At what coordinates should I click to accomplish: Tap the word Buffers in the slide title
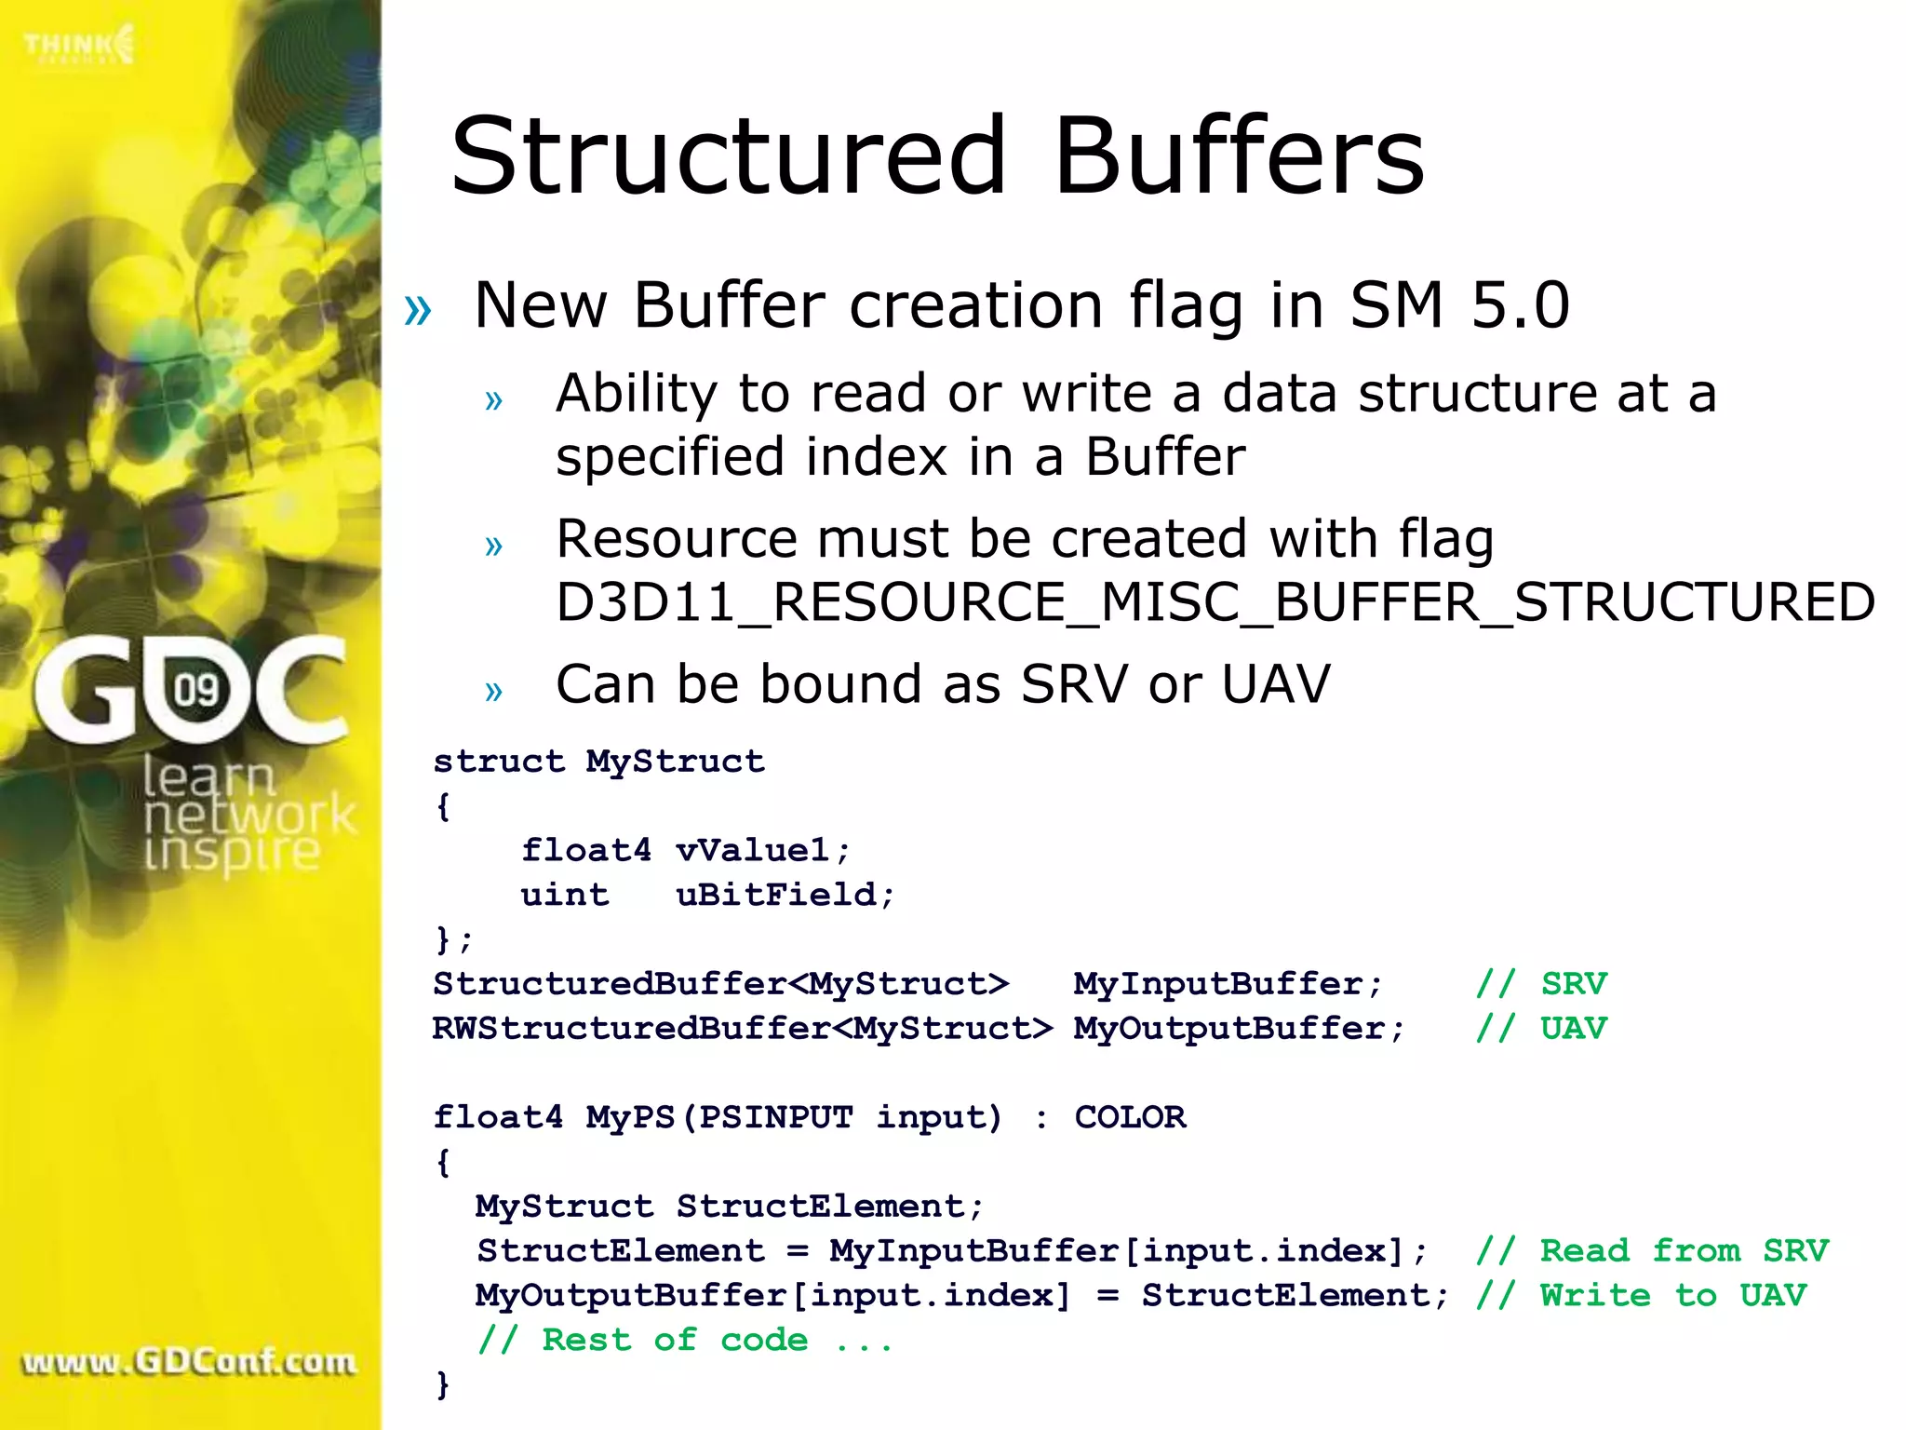(x=1239, y=155)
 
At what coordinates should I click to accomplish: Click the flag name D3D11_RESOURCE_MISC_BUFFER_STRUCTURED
(x=1215, y=602)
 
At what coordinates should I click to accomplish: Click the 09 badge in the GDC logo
(x=196, y=690)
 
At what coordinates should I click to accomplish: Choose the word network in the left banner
(x=249, y=815)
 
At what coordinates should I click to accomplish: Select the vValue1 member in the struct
(x=751, y=850)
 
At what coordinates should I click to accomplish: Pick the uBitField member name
(x=775, y=895)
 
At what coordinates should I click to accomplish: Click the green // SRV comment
(x=1541, y=984)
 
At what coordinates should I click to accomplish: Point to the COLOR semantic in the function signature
(x=1130, y=1117)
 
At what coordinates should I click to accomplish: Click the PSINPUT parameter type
(x=775, y=1117)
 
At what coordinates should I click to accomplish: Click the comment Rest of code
(x=684, y=1340)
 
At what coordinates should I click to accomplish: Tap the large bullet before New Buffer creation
(x=418, y=309)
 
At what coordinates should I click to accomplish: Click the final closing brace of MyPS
(x=443, y=1384)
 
